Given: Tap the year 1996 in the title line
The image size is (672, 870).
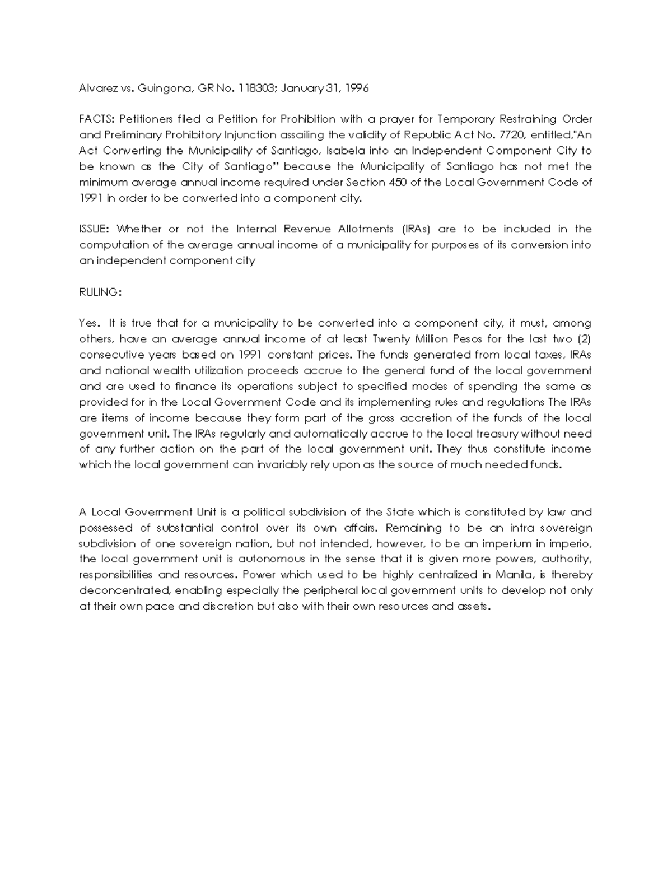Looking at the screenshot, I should coord(357,88).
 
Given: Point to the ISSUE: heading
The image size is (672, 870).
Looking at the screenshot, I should coord(96,229).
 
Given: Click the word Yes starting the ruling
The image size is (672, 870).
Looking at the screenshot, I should coord(89,323).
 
